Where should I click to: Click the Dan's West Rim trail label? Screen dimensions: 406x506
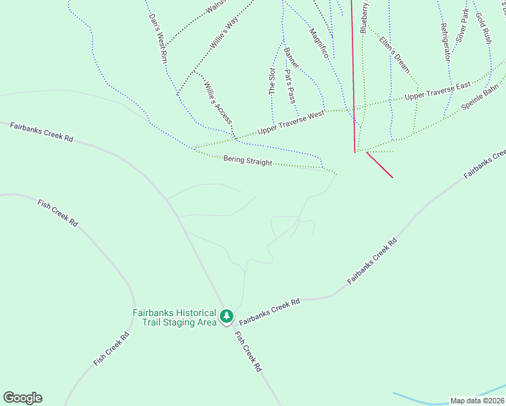pos(158,39)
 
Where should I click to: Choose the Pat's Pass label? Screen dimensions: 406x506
pos(291,83)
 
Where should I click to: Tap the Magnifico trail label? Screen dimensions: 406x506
pos(319,42)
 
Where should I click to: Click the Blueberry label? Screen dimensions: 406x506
pos(364,18)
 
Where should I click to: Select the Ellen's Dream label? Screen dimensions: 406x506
pos(394,54)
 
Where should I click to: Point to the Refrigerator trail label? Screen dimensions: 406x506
pos(444,42)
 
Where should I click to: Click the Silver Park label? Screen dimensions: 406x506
pos(462,25)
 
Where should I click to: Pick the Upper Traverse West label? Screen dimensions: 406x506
pos(291,121)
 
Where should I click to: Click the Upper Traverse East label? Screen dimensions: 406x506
pos(437,92)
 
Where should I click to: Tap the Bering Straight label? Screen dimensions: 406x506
pos(248,162)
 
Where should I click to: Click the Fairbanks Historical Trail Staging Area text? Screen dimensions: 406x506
pos(174,317)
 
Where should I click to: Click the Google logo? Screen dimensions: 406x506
pos(22,398)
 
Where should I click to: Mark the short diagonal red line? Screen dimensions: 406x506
pos(379,164)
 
